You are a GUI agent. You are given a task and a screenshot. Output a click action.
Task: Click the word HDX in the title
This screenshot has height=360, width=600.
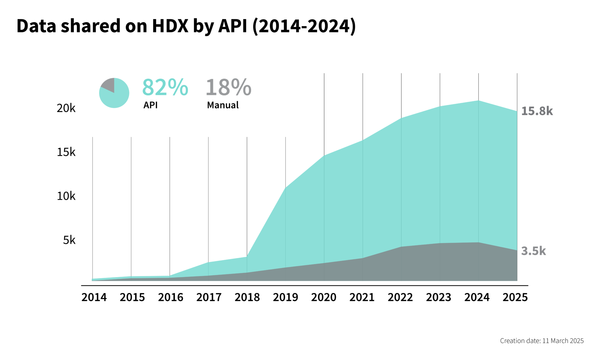(x=170, y=26)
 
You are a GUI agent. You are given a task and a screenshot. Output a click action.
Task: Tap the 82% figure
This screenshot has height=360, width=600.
(x=165, y=87)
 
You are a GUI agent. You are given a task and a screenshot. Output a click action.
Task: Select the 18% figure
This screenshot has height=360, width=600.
(x=229, y=87)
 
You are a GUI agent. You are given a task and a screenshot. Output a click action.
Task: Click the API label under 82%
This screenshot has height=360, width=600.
(x=150, y=105)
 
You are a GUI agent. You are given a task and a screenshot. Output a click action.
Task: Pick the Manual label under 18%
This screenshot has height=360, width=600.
(x=223, y=105)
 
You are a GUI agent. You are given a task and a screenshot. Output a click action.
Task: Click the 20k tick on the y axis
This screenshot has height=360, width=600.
(x=66, y=108)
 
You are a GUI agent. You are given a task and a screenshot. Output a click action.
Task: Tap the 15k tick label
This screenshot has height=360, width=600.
(x=66, y=152)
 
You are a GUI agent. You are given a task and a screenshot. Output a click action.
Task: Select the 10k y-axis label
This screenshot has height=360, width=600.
(x=66, y=196)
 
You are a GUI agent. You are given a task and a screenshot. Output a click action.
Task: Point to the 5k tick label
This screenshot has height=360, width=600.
(x=69, y=240)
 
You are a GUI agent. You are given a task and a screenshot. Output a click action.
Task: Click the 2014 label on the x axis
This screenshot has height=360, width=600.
(x=94, y=298)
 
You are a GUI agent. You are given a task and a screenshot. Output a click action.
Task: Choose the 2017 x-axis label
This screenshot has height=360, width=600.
(x=209, y=298)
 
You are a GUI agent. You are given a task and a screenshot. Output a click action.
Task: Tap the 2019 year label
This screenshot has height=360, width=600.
(x=285, y=298)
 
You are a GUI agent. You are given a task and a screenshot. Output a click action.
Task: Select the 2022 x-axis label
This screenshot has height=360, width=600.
(x=400, y=298)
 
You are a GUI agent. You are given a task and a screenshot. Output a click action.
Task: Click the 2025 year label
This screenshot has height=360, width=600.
(x=515, y=298)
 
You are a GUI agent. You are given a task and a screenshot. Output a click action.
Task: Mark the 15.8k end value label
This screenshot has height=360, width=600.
(x=537, y=111)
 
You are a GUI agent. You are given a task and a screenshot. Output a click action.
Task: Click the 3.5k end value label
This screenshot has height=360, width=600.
(x=533, y=251)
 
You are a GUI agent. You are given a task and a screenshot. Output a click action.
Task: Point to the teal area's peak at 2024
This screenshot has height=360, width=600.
(x=478, y=101)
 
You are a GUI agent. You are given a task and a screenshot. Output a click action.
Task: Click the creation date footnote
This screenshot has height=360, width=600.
(x=542, y=341)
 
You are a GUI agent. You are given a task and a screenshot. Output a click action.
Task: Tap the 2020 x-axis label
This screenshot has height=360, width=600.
(x=324, y=298)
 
